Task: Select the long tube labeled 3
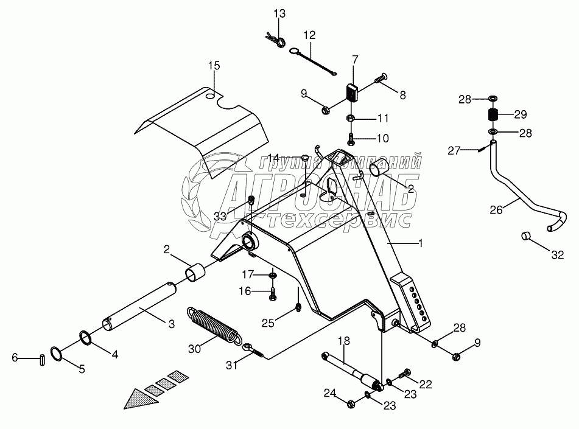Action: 139,307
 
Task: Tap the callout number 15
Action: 214,66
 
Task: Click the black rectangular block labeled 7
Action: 353,92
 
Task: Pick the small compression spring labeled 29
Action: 492,114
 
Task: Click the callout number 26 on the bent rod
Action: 496,210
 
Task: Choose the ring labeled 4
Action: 86,338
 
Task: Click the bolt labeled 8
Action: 381,78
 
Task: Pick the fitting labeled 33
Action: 251,201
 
